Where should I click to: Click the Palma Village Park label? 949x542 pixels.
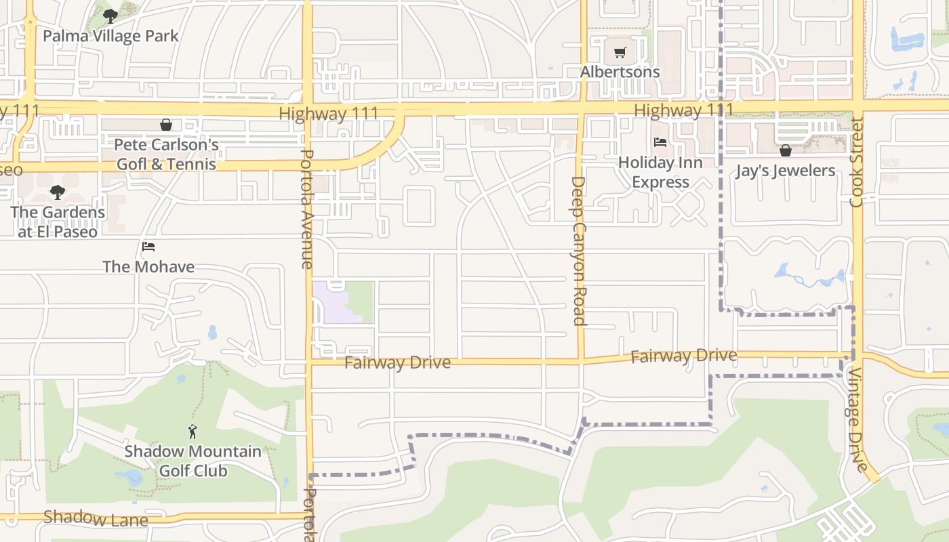[110, 35]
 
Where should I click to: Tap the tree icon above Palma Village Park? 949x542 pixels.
[110, 16]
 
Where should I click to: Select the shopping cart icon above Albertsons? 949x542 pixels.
[620, 53]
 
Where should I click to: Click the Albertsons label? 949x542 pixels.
[620, 72]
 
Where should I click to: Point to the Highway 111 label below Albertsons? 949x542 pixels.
[683, 110]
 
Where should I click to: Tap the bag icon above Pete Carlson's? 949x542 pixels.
[166, 125]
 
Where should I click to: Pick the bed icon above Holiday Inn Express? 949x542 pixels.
[660, 142]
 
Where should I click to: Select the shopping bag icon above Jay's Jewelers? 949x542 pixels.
[786, 150]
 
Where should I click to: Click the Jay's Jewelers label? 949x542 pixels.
[786, 170]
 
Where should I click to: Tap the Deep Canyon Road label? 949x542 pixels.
[578, 251]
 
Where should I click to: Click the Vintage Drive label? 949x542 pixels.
[857, 420]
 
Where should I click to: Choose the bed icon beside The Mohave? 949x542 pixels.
[148, 247]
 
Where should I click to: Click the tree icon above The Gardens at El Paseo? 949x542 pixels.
[58, 192]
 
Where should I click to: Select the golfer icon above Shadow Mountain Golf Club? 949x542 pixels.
[193, 431]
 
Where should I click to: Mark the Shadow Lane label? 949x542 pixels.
[96, 519]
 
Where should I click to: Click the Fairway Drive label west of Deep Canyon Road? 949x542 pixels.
[397, 362]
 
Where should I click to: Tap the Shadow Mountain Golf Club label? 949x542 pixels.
[193, 461]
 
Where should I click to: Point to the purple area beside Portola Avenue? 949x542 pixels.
[329, 301]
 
